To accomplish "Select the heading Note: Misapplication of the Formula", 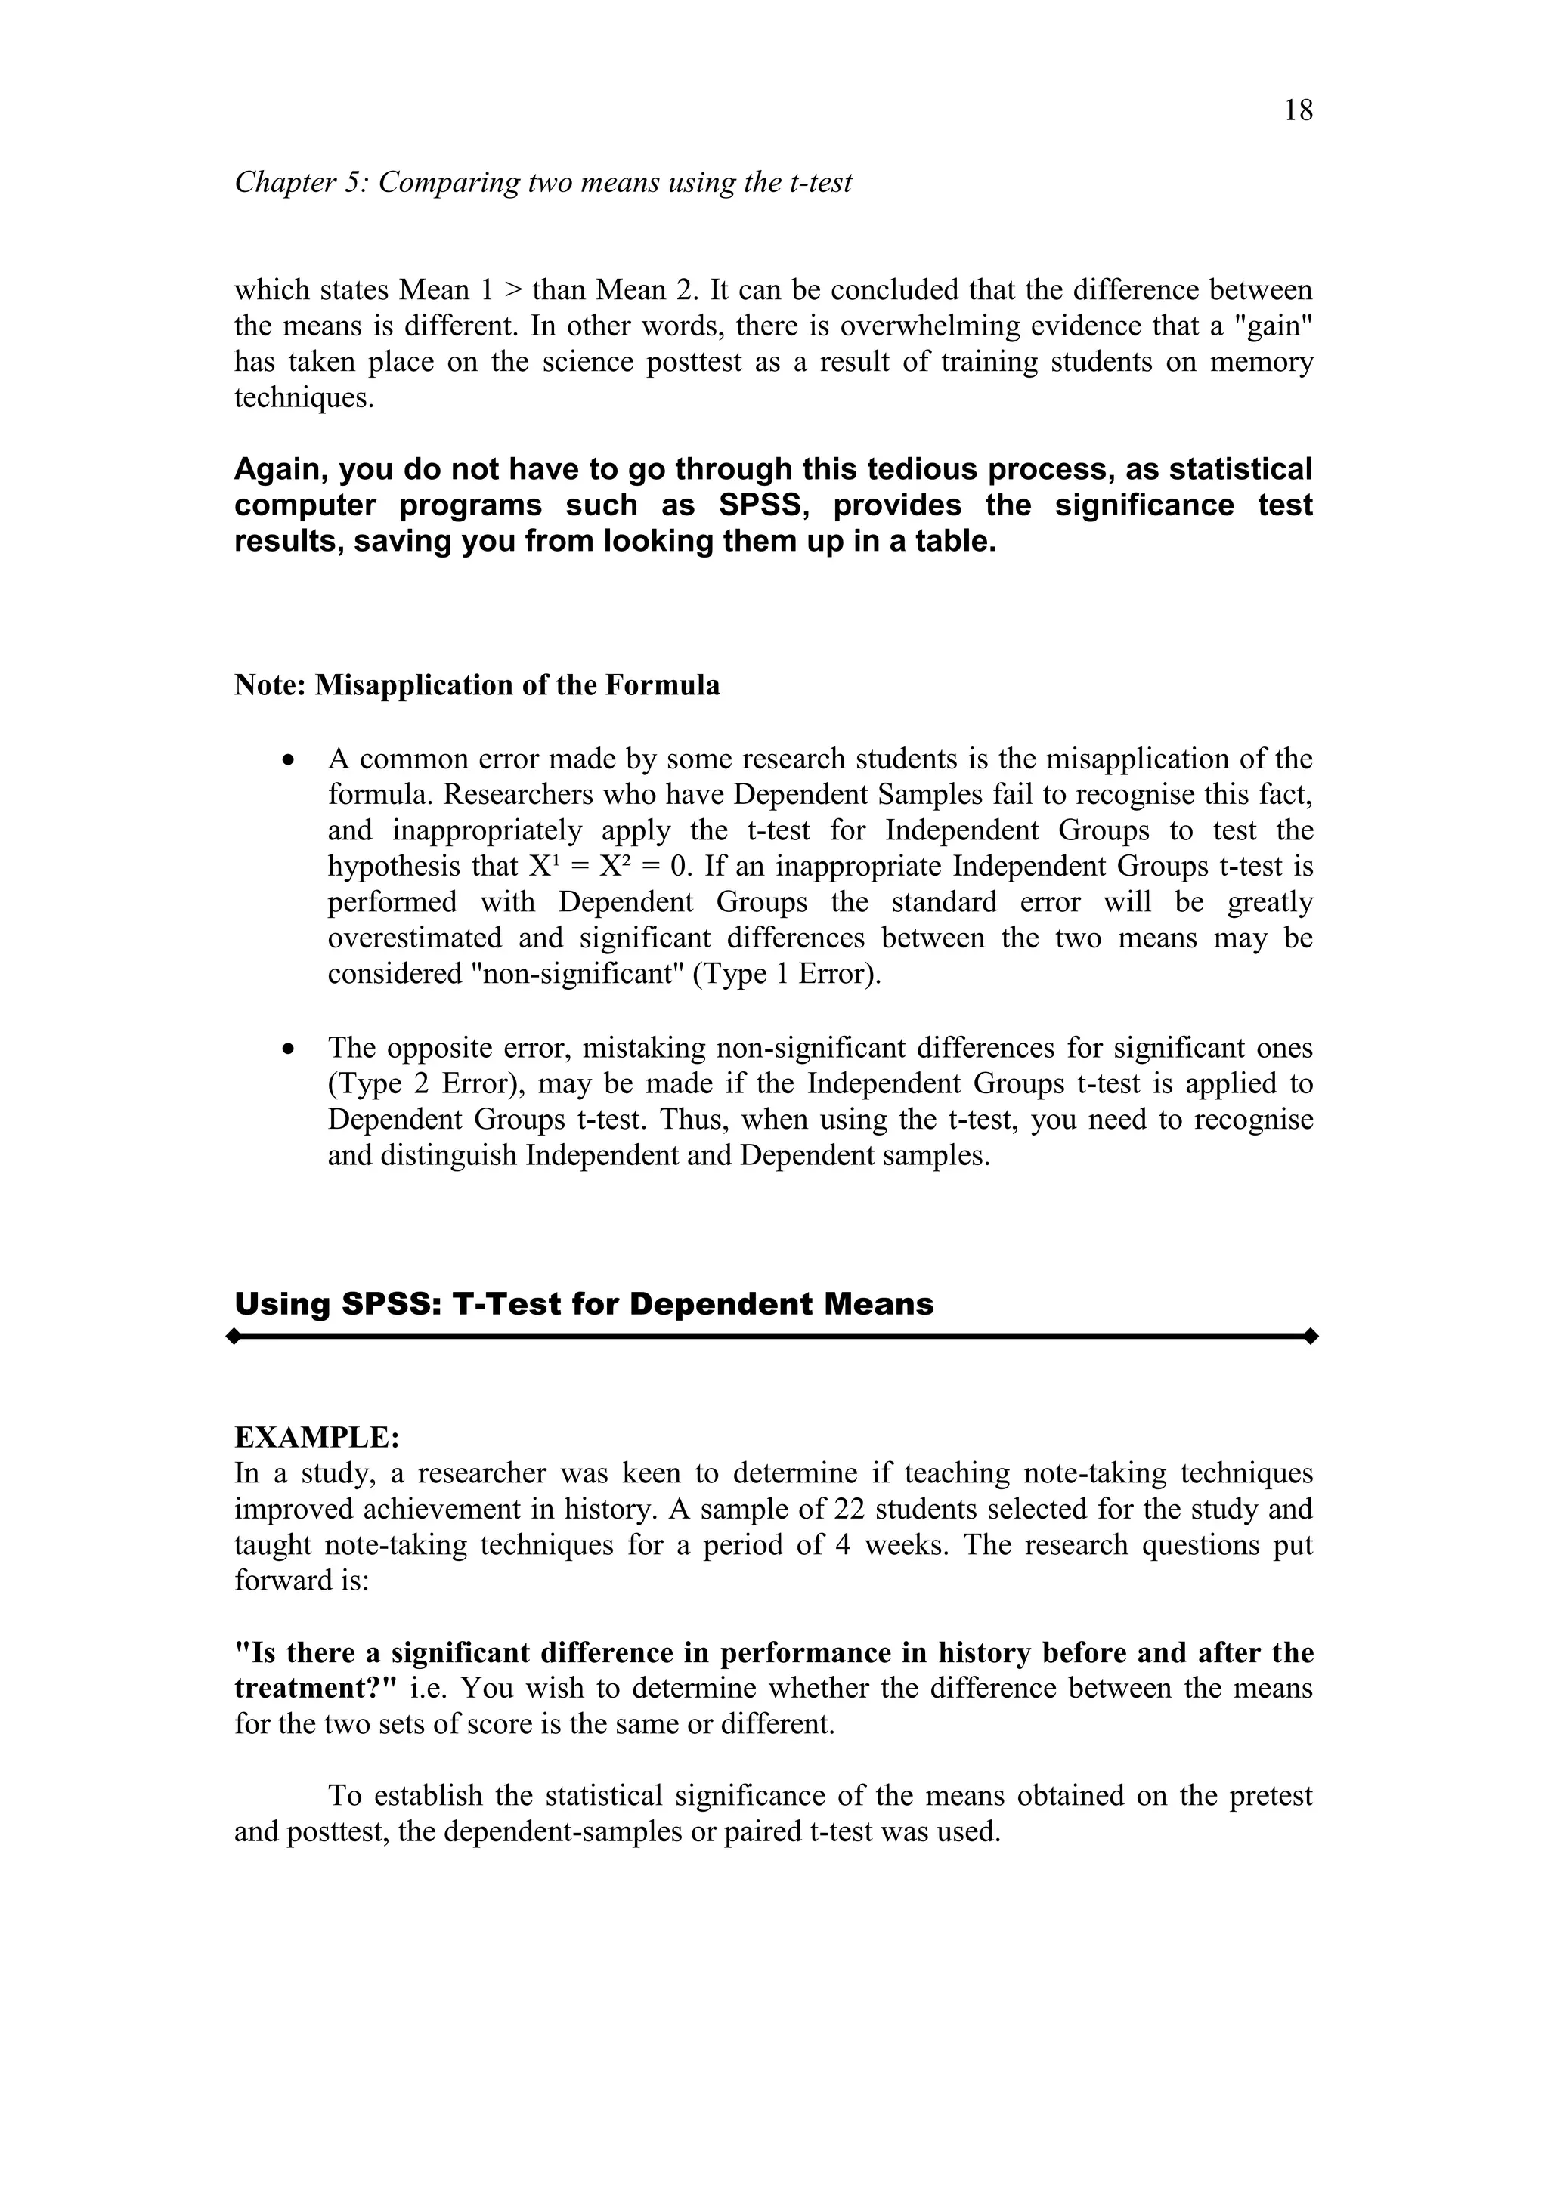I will click(x=477, y=685).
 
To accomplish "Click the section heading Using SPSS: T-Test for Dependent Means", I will click(x=584, y=1303).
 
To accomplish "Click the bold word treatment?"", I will click(x=314, y=1689).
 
